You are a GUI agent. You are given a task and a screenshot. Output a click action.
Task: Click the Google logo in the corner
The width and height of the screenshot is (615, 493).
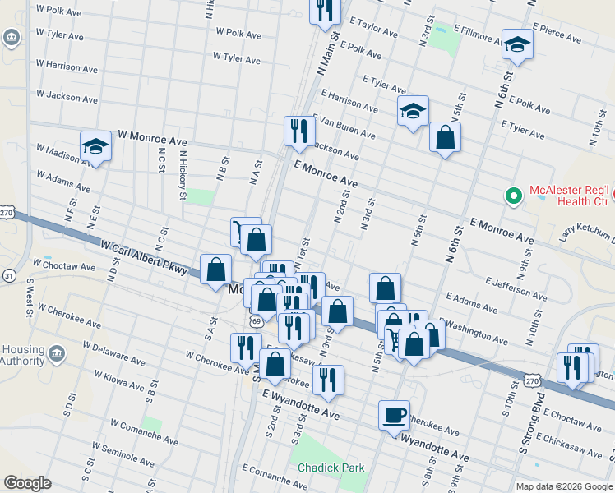tap(28, 483)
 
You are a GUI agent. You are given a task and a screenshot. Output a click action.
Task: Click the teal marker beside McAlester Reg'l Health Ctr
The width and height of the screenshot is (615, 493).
tap(514, 196)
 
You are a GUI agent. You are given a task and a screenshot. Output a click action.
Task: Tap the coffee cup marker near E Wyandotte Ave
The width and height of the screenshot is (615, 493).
tap(394, 414)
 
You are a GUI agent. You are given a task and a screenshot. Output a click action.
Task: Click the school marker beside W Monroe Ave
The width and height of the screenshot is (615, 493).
tap(96, 147)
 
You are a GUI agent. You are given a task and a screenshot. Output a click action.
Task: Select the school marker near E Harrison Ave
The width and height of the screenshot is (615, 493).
tap(413, 112)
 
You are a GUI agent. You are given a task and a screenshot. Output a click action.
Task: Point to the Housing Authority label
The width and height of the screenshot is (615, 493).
tap(23, 355)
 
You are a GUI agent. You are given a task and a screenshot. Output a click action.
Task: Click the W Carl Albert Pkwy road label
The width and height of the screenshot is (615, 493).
tap(144, 258)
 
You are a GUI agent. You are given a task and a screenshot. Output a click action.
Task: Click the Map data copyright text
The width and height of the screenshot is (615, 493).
tap(563, 486)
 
